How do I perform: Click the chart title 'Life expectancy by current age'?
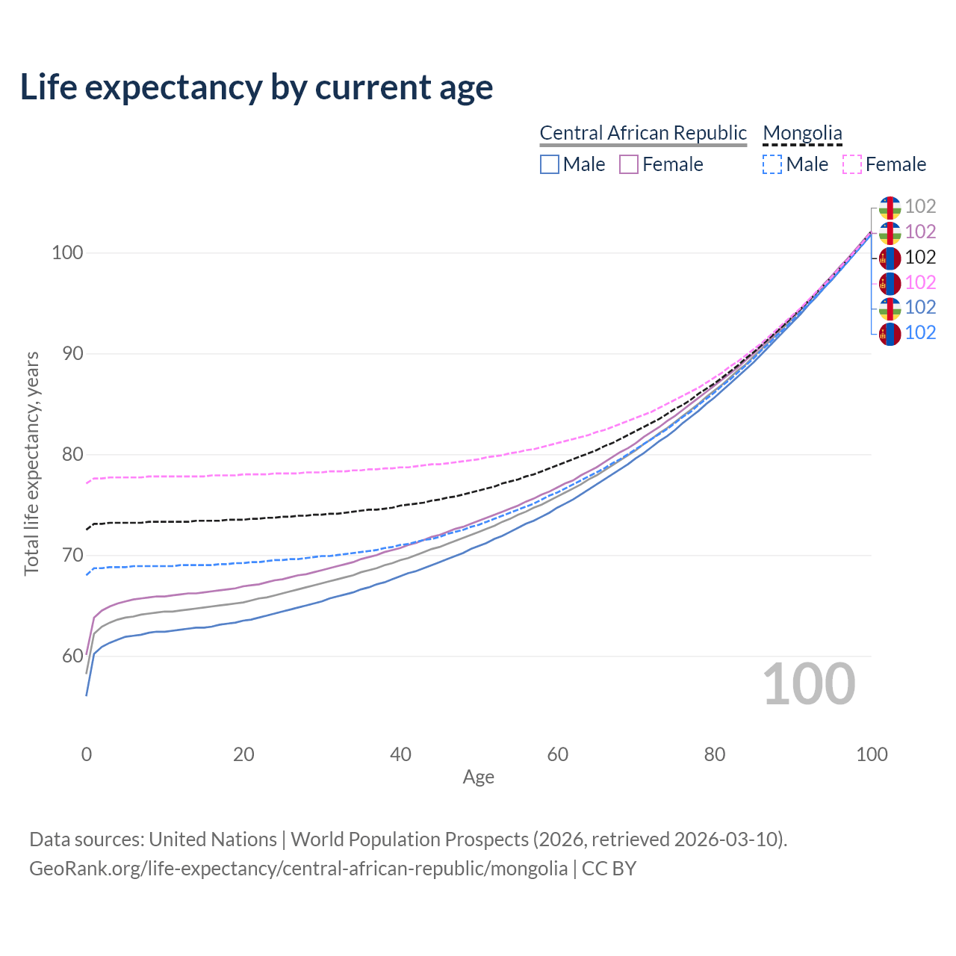256,87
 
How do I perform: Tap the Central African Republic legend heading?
642,133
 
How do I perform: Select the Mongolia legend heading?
802,133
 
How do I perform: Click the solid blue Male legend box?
549,164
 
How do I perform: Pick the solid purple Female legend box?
629,164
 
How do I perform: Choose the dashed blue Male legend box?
772,164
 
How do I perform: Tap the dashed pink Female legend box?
852,164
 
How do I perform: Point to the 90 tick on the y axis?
72,354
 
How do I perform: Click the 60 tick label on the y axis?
72,656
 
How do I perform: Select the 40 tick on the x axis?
400,754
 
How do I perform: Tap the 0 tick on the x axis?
87,754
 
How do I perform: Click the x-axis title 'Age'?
478,777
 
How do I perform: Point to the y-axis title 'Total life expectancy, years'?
31,464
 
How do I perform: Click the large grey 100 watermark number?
809,683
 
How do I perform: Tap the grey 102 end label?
920,206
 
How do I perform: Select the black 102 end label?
920,257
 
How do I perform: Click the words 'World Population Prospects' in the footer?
409,840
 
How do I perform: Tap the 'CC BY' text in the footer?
609,869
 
